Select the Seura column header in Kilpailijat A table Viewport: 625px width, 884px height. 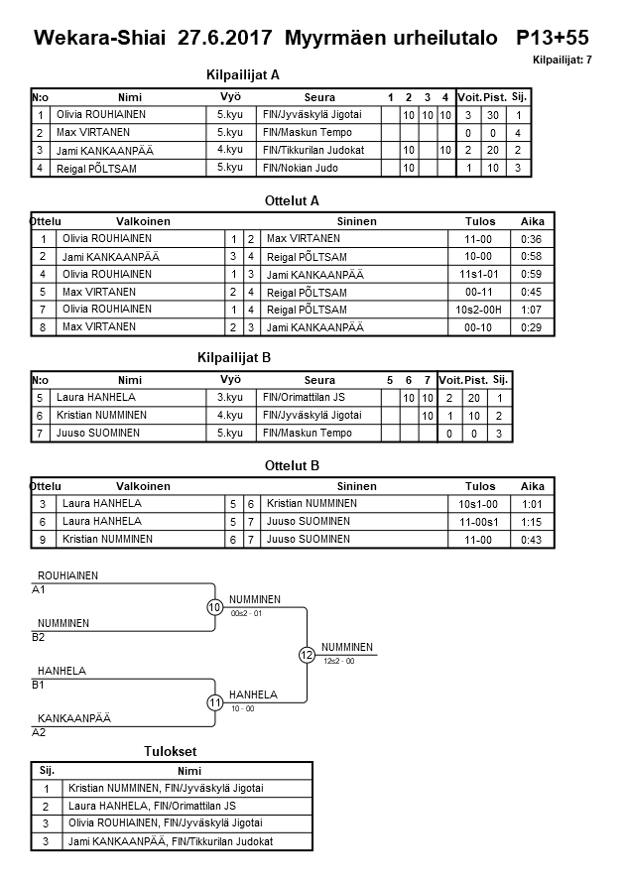click(319, 97)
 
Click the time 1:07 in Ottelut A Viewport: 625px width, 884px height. click(532, 310)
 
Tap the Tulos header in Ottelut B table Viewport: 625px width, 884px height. click(481, 486)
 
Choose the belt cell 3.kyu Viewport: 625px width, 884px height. click(230, 398)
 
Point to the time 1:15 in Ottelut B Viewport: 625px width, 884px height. click(532, 522)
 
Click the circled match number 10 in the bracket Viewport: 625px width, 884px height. click(215, 607)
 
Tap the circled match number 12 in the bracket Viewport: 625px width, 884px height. click(307, 655)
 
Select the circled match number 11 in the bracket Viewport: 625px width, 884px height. click(215, 702)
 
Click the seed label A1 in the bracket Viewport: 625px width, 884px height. click(39, 589)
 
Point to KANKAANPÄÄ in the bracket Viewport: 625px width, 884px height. click(73, 717)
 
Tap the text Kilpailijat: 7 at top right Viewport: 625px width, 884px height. click(562, 61)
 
